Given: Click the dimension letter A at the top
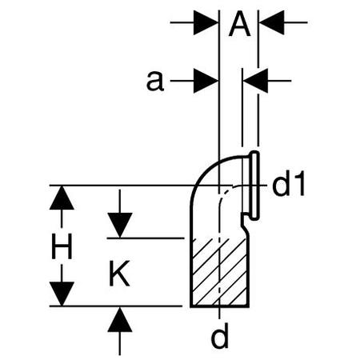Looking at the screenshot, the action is (239, 24).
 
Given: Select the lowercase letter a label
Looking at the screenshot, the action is (155, 82).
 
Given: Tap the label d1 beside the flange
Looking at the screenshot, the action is (289, 184).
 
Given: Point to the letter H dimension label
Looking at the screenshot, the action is (62, 246).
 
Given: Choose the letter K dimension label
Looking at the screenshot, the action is (119, 273).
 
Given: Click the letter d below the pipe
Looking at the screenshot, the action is (220, 336).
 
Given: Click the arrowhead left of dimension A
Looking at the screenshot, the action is (206, 22).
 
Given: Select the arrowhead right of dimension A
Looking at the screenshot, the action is (272, 22).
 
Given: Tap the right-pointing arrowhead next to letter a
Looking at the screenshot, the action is (206, 81).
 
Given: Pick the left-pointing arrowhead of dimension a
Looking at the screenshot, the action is (255, 81).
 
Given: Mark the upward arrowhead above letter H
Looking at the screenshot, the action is (62, 198).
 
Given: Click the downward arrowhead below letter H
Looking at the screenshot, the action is (62, 294).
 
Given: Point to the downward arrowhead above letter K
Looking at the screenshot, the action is (120, 225).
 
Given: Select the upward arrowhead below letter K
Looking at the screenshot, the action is (120, 320).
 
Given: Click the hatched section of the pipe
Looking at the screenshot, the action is (219, 272).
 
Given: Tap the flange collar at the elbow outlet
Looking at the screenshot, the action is (254, 186).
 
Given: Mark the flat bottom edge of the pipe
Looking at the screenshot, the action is (219, 306).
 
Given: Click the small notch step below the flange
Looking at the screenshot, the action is (243, 219).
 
